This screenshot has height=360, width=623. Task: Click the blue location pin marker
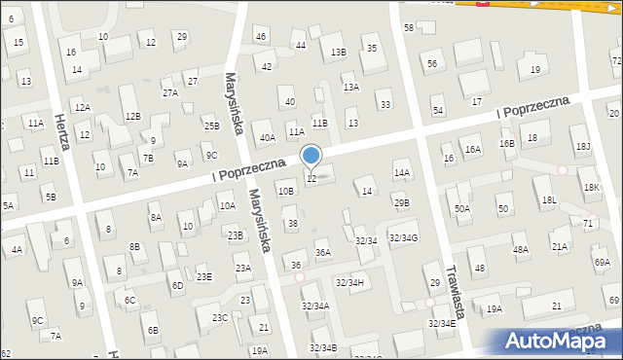(311, 156)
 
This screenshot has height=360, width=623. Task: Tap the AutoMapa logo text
(560, 341)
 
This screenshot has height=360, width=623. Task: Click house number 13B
(338, 52)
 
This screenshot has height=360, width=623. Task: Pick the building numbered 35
(371, 48)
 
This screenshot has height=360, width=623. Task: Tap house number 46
(260, 36)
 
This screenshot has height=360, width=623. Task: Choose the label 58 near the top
(409, 27)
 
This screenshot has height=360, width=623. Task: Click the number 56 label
(431, 63)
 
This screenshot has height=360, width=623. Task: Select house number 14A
(402, 172)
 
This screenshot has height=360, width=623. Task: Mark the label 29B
(402, 202)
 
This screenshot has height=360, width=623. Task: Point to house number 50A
(461, 208)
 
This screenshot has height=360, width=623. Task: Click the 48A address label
(521, 249)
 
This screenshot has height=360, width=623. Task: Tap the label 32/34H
(349, 282)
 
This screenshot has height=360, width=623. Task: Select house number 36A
(323, 253)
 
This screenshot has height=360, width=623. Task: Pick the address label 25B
(211, 126)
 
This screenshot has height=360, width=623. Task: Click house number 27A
(170, 92)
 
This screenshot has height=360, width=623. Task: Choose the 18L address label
(549, 199)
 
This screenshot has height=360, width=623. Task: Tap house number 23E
(203, 276)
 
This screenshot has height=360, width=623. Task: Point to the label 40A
(267, 138)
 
